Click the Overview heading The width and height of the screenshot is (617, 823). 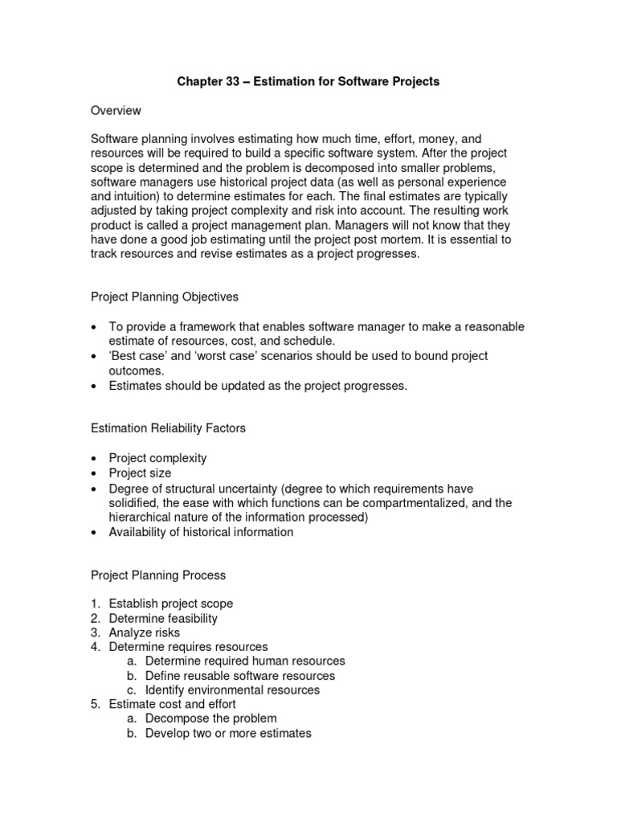click(x=116, y=110)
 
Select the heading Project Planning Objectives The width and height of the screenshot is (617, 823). click(x=164, y=297)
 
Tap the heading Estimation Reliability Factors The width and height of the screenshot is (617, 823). click(x=167, y=428)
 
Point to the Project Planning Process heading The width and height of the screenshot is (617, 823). click(x=157, y=575)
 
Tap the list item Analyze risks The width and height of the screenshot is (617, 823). click(x=145, y=633)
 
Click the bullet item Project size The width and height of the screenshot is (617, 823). click(x=140, y=473)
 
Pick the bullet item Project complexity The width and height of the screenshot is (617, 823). click(x=157, y=458)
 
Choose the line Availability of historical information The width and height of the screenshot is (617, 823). click(x=201, y=531)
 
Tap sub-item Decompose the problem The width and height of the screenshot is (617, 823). click(x=210, y=719)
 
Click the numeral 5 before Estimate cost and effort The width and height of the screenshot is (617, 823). click(x=93, y=704)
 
